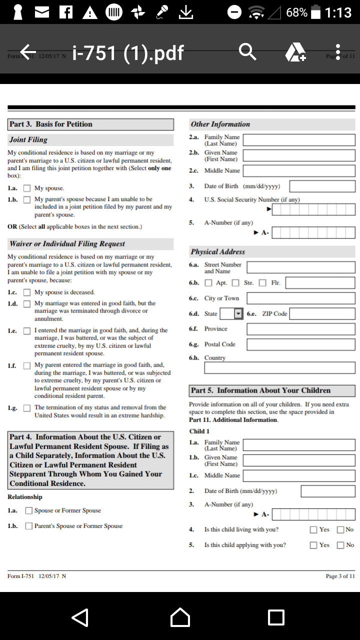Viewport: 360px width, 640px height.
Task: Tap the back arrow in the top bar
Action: click(x=28, y=51)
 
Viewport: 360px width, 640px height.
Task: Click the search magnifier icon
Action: click(x=247, y=51)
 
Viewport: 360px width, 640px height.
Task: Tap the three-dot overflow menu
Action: click(x=338, y=51)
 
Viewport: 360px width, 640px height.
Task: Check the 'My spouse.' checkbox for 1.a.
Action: click(x=27, y=188)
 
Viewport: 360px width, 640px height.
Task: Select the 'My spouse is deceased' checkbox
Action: click(x=27, y=292)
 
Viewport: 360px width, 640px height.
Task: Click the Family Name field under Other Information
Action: click(x=299, y=140)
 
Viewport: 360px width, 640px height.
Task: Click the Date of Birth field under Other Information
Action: click(x=322, y=186)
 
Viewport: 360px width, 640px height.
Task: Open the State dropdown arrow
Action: click(x=238, y=314)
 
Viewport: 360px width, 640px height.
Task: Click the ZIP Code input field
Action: click(x=322, y=314)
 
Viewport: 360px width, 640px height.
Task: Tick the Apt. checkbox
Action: click(x=208, y=283)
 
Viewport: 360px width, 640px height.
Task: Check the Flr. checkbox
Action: click(x=262, y=283)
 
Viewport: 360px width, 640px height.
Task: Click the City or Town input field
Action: click(x=300, y=298)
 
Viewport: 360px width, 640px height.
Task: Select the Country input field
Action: click(x=279, y=368)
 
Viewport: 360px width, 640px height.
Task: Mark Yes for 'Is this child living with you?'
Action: click(x=313, y=529)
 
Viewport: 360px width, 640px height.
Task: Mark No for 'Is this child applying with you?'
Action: click(x=340, y=545)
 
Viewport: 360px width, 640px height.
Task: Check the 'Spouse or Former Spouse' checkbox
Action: click(x=29, y=510)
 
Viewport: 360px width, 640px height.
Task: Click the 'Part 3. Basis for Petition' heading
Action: click(x=51, y=124)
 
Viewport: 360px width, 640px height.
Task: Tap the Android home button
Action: click(x=180, y=617)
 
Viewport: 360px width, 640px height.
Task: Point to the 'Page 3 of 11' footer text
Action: click(x=340, y=576)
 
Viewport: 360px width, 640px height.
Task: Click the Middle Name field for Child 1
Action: click(x=299, y=475)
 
